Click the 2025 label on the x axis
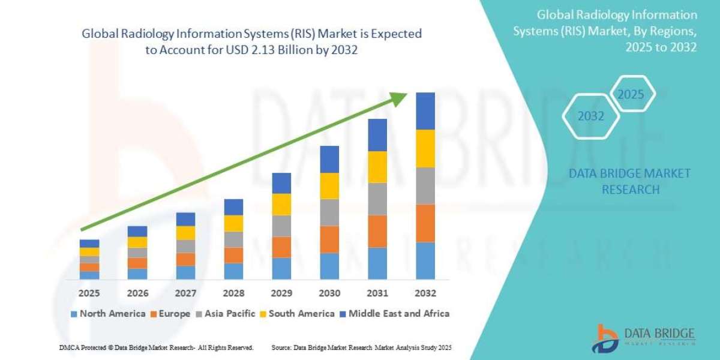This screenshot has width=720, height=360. click(x=89, y=293)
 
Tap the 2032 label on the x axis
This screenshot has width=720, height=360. click(x=425, y=293)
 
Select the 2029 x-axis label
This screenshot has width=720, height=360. click(x=281, y=293)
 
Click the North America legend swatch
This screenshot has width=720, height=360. click(x=74, y=314)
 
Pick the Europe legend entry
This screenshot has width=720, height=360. click(x=170, y=313)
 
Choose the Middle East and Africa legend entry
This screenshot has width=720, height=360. click(x=398, y=313)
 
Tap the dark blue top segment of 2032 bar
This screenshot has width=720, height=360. click(x=425, y=111)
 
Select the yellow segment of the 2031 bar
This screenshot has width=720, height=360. click(x=377, y=167)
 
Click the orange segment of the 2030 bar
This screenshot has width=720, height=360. click(x=329, y=239)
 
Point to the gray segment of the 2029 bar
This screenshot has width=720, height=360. click(x=281, y=226)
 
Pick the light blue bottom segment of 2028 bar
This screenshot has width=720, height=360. click(x=233, y=271)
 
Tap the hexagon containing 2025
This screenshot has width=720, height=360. click(x=631, y=95)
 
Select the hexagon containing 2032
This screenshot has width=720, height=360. click(x=591, y=116)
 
